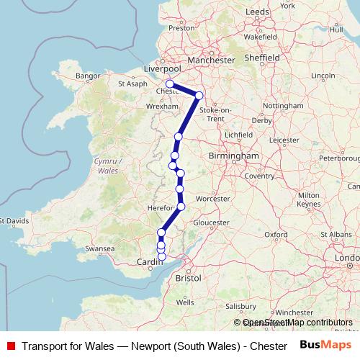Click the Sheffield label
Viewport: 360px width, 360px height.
(x=261, y=57)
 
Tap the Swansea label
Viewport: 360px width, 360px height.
(x=100, y=249)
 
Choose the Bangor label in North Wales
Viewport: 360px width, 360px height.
(x=87, y=75)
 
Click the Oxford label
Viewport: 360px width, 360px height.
(x=276, y=235)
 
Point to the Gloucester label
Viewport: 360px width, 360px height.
(x=210, y=223)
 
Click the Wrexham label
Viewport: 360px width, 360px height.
(x=158, y=105)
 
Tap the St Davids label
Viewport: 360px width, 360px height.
(x=15, y=220)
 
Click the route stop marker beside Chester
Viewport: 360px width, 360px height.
(x=170, y=84)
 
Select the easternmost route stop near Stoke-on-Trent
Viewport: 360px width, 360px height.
(x=199, y=95)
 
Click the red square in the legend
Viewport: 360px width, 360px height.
(x=11, y=345)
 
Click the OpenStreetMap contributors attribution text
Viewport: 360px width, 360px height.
(x=297, y=323)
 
